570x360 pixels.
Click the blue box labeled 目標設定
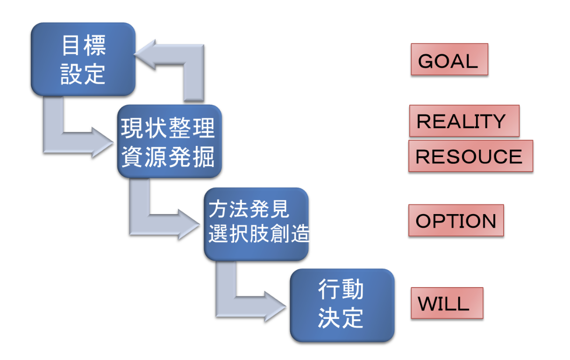coord(83,59)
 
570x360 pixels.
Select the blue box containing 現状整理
coord(168,141)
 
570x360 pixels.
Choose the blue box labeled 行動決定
coord(342,305)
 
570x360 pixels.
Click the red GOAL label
coord(449,60)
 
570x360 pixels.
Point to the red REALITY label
coord(463,121)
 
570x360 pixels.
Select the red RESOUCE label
coord(470,156)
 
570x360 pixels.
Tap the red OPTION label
coord(456,221)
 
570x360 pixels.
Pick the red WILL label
coord(446,303)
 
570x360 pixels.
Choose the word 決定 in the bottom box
coord(341,319)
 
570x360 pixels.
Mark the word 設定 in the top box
coord(83,74)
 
